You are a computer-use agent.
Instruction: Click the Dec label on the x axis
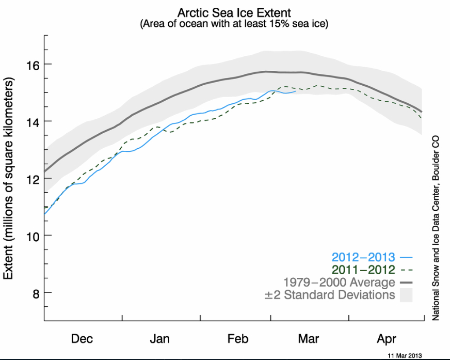pyautogui.click(x=82, y=339)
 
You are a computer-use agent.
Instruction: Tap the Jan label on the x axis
pyautogui.click(x=160, y=339)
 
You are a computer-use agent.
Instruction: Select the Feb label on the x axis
pyautogui.click(x=237, y=339)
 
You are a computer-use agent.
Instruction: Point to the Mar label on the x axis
pyautogui.click(x=309, y=339)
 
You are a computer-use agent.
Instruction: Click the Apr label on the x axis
pyautogui.click(x=387, y=339)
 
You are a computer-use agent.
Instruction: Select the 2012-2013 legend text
pyautogui.click(x=364, y=257)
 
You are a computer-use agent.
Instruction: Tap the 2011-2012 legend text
pyautogui.click(x=364, y=270)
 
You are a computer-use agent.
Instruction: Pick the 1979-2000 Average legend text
pyautogui.click(x=339, y=283)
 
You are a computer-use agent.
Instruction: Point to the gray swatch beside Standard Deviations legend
pyautogui.click(x=407, y=295)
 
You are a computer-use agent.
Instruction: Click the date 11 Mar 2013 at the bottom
pyautogui.click(x=405, y=355)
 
